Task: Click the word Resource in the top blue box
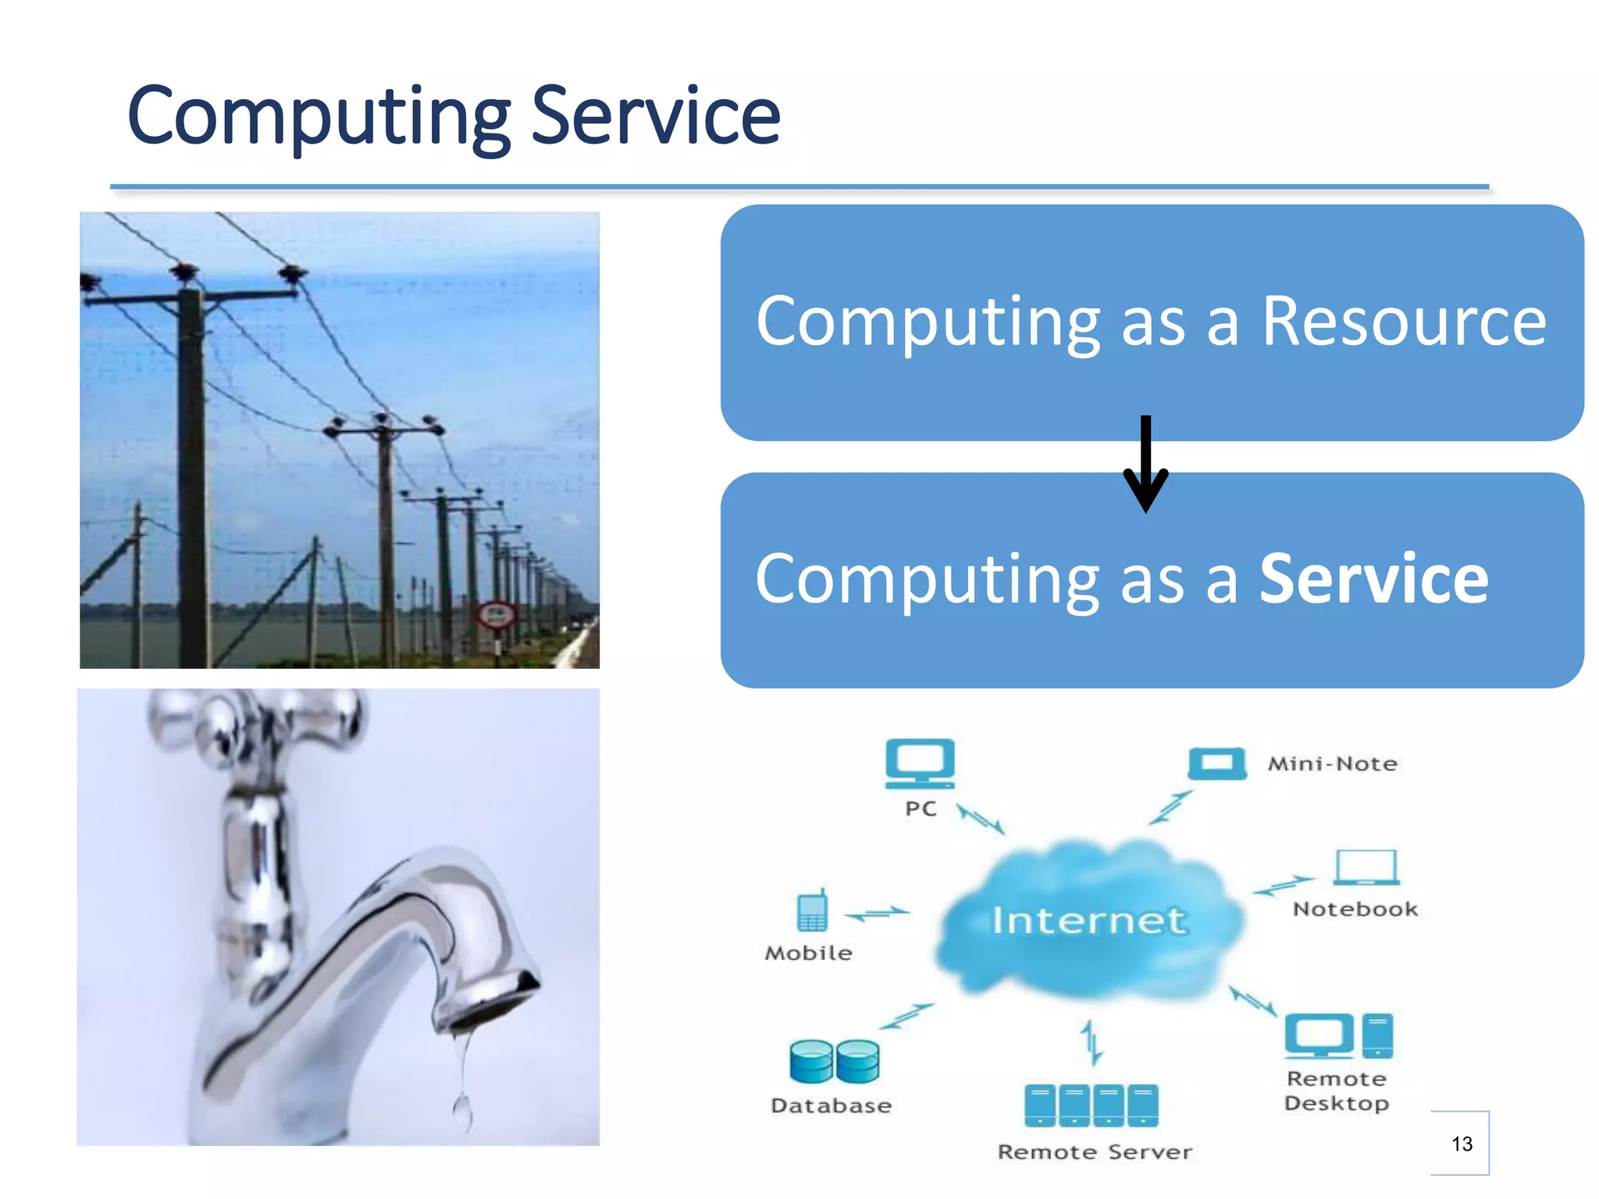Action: (1403, 322)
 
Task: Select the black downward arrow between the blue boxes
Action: (1145, 464)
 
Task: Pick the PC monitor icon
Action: (920, 763)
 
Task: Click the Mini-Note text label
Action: (1332, 763)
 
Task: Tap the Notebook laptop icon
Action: (1366, 867)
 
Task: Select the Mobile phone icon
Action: (812, 911)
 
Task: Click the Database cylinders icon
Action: (834, 1062)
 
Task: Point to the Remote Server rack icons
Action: (1091, 1105)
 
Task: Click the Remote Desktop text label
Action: (1337, 1090)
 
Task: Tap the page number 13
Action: (1462, 1144)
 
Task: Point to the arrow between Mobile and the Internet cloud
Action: (878, 913)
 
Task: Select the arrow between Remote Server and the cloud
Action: (1092, 1042)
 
